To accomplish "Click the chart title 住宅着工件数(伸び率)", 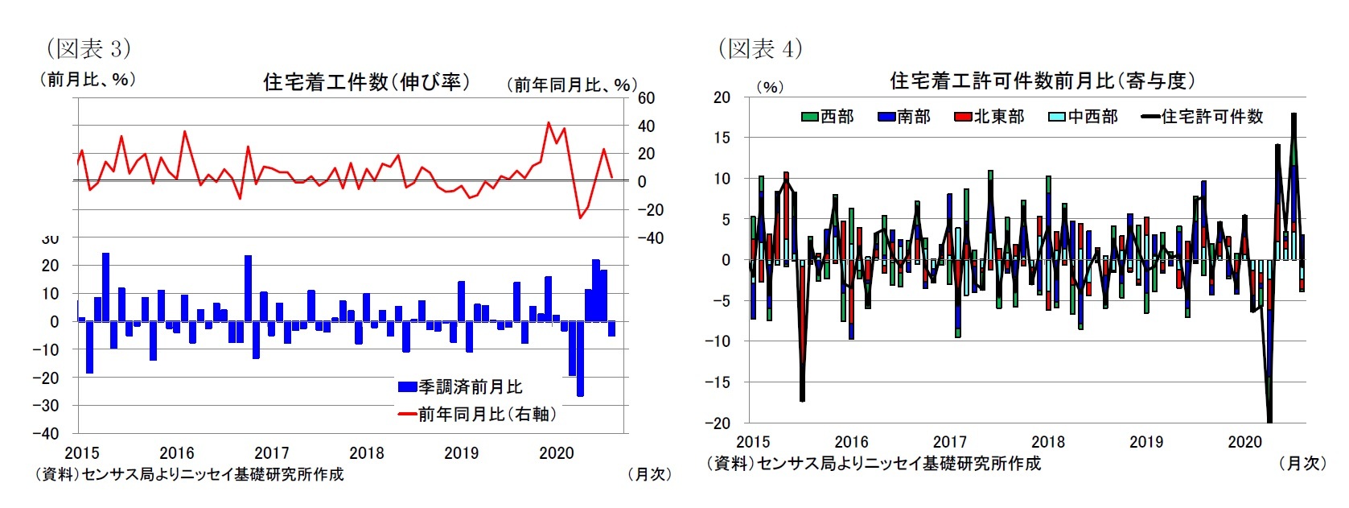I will tap(366, 82).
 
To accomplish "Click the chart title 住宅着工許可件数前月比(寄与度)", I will tap(1042, 81).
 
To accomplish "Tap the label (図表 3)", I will tap(88, 48).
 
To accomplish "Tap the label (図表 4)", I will tap(760, 48).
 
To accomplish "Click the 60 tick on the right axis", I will tap(646, 98).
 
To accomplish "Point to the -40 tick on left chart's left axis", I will tap(45, 433).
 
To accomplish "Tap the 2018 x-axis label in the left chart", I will tap(366, 452).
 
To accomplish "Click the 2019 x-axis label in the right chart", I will tap(1145, 441).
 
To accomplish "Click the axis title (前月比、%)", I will tap(88, 79).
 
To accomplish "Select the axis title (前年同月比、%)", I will tap(571, 85).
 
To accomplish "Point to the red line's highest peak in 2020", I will tap(549, 123).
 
